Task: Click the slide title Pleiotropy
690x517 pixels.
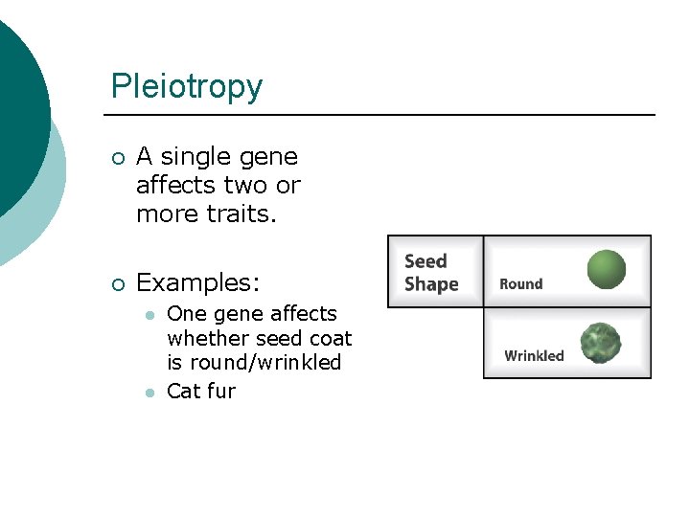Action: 186,87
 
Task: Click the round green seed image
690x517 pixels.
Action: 606,269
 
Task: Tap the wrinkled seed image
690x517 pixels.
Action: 601,344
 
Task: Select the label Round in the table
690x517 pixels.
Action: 520,284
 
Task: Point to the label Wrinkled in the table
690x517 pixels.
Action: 534,356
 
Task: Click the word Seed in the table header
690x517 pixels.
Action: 425,261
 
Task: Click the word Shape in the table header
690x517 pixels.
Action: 431,284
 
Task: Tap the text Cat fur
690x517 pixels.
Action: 201,391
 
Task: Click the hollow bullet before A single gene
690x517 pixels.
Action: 117,157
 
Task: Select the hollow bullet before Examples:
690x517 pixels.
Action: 117,283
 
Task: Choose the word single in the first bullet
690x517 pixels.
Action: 203,157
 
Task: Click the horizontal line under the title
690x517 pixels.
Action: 383,115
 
